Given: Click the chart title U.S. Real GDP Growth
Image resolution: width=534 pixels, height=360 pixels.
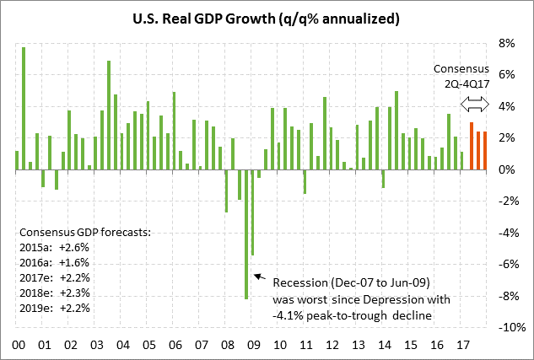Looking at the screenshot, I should click(x=267, y=18).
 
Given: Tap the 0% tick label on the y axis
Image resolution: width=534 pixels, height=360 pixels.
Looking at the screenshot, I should click(x=504, y=170).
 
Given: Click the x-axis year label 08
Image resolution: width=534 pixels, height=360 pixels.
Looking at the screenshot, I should click(x=227, y=345).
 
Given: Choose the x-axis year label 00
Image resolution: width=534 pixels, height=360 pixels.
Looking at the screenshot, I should click(x=17, y=345).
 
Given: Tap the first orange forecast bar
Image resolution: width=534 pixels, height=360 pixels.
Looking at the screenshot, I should click(x=472, y=147).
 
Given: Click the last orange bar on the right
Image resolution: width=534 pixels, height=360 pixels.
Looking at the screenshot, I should click(x=485, y=151).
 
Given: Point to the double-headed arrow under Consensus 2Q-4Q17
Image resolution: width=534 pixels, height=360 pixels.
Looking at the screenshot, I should click(x=478, y=105).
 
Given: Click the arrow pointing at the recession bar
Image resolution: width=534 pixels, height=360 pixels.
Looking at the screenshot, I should click(x=258, y=278).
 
